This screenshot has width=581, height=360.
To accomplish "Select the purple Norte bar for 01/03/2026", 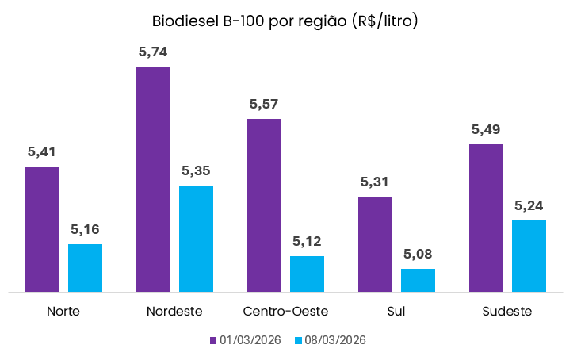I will (x=42, y=229).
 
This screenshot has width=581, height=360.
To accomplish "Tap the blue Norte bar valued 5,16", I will (x=85, y=268).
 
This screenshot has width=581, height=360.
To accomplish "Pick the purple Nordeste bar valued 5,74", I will (x=153, y=179).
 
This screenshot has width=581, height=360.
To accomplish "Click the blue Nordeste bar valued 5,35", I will (x=196, y=239).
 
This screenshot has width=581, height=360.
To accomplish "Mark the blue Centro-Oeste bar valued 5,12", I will (x=307, y=274).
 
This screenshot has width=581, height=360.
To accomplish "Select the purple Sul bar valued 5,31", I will (x=375, y=244).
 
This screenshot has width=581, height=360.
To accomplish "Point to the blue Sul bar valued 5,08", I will (x=418, y=280).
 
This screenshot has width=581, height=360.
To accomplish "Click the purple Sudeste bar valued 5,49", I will (x=486, y=218).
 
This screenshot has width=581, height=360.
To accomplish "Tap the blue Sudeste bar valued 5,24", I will (x=529, y=256).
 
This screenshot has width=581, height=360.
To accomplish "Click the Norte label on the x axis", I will (x=63, y=311).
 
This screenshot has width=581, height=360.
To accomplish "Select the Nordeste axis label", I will (x=174, y=311).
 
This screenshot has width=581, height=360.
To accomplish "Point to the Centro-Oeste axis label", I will (x=285, y=311).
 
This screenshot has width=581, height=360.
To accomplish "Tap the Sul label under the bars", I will (x=396, y=311).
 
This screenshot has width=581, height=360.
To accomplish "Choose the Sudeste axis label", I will (x=507, y=311).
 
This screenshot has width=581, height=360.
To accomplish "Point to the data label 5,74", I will (x=153, y=52).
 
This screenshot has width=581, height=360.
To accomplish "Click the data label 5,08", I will (x=418, y=254).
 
